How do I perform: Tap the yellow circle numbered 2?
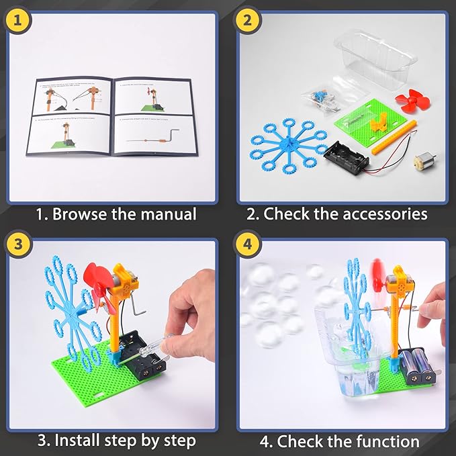click(x=248, y=20)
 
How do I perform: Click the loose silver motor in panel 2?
click(x=423, y=163)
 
